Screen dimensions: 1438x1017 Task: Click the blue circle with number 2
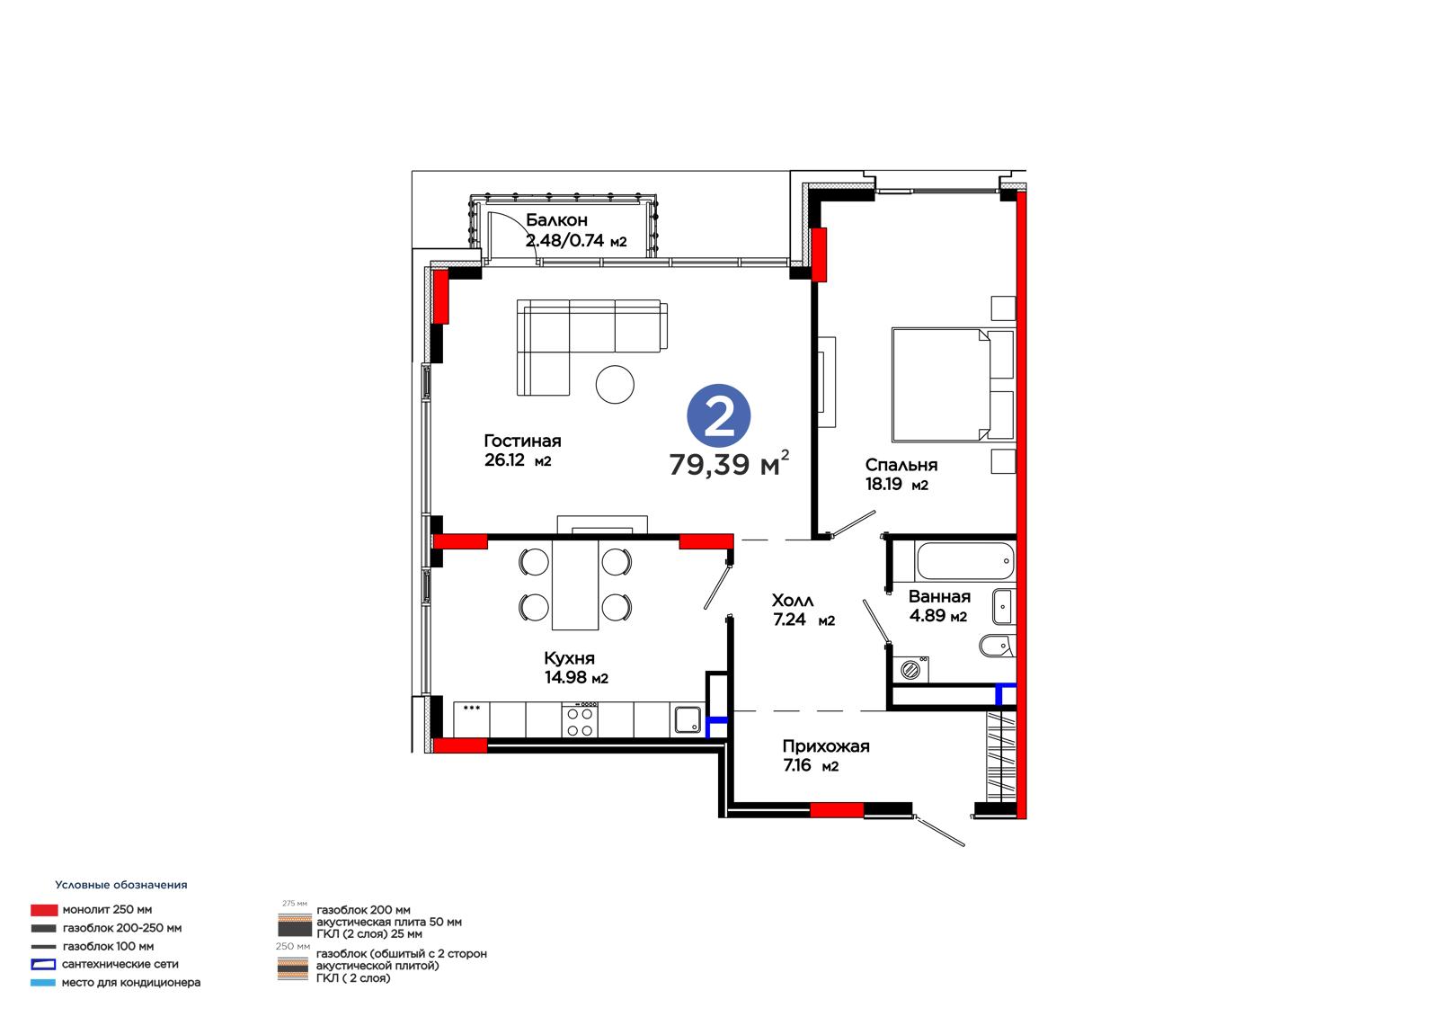718,415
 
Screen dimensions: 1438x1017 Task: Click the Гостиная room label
522,442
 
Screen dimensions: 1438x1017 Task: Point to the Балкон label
556,220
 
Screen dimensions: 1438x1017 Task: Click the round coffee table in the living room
615,384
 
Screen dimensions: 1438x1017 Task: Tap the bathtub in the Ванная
965,561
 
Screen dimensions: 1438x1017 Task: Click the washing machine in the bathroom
911,670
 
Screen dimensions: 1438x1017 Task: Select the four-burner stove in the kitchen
580,719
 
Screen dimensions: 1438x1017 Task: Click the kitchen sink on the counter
688,720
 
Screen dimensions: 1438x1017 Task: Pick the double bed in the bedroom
954,385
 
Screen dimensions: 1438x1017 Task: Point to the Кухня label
569,658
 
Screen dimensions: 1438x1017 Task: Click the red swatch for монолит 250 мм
44,910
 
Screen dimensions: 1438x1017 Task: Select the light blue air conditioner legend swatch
43,982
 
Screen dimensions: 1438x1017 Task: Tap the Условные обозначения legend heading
121,885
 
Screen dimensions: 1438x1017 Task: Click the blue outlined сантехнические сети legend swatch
43,964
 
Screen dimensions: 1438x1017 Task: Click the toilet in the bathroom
996,646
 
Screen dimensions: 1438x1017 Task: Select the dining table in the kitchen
575,584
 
